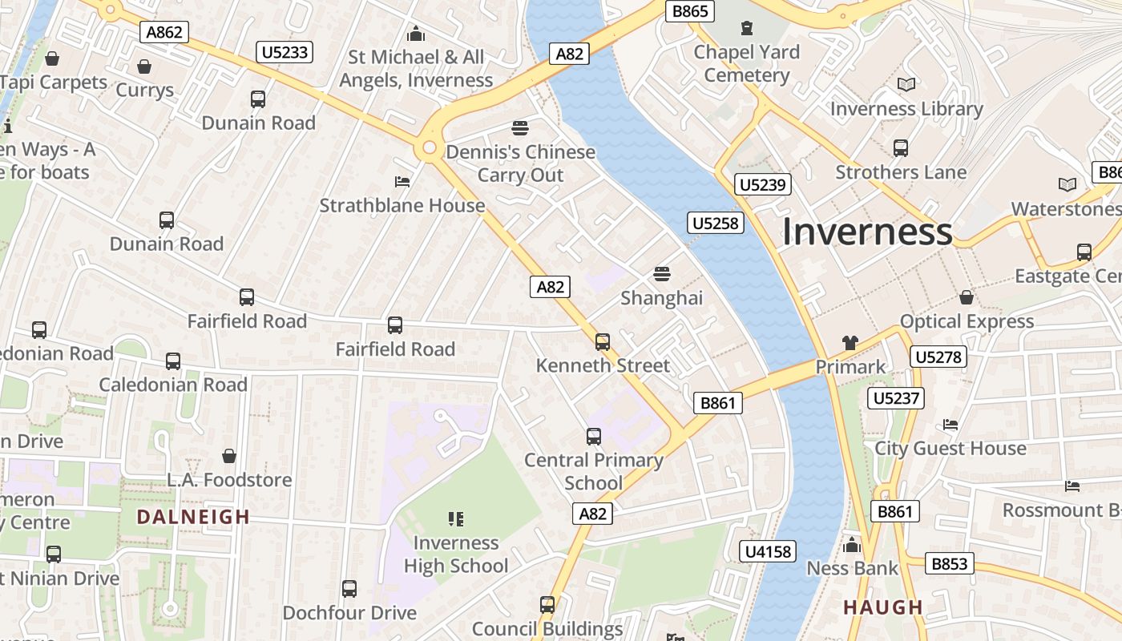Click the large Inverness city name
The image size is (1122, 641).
[867, 232]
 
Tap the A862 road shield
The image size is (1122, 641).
[166, 32]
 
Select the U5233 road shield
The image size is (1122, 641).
[285, 53]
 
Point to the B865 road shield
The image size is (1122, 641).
[690, 11]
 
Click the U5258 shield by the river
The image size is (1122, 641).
[715, 223]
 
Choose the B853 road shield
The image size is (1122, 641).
[950, 563]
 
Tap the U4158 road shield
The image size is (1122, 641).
[768, 551]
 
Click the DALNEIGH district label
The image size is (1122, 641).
[193, 517]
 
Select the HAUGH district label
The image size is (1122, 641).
[883, 607]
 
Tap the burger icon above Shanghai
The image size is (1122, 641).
[661, 274]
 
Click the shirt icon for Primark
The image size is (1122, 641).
[850, 343]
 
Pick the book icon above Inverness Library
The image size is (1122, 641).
[906, 85]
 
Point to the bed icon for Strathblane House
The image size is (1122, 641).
[402, 182]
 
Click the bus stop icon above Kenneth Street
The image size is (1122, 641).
[603, 342]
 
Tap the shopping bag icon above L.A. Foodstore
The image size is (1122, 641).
[229, 456]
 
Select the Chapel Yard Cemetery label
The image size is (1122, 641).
[747, 63]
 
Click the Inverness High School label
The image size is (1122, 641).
[456, 554]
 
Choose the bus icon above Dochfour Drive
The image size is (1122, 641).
[349, 589]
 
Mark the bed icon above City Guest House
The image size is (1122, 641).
[950, 424]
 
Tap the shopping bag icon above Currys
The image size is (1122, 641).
[144, 66]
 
